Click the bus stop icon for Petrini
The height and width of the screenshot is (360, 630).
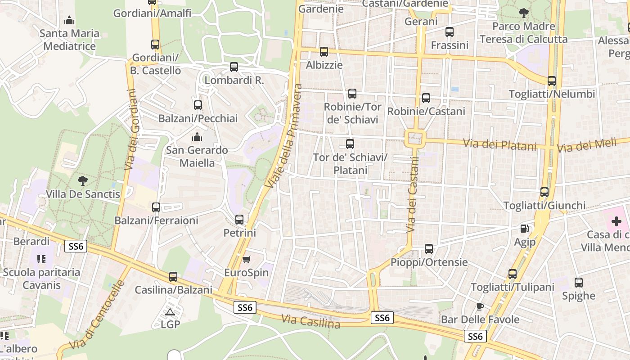click(x=239, y=220)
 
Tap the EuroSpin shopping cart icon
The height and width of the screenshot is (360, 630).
click(x=246, y=259)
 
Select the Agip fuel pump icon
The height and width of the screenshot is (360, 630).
click(x=524, y=229)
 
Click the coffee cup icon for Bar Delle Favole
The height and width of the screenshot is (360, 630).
click(x=480, y=306)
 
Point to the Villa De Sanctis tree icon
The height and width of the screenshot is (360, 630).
click(x=82, y=181)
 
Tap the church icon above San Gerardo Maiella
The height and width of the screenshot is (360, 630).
click(x=197, y=137)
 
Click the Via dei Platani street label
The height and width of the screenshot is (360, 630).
click(x=500, y=145)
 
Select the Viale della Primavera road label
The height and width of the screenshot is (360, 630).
click(x=284, y=136)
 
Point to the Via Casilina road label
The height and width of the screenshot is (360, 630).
click(x=310, y=321)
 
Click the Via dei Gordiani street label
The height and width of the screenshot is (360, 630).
click(x=131, y=130)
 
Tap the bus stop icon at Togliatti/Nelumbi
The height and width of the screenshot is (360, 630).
click(x=552, y=81)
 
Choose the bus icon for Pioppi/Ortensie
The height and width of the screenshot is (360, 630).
click(x=429, y=249)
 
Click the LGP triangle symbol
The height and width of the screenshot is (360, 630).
click(x=170, y=312)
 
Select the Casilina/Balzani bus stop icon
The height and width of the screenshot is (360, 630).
click(x=173, y=277)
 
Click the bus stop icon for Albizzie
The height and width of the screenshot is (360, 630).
click(x=324, y=52)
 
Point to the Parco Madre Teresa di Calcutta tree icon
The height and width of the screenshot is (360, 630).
click(x=523, y=13)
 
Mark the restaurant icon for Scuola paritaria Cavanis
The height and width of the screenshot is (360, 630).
click(x=41, y=259)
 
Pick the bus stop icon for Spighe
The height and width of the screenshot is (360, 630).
click(x=579, y=283)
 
